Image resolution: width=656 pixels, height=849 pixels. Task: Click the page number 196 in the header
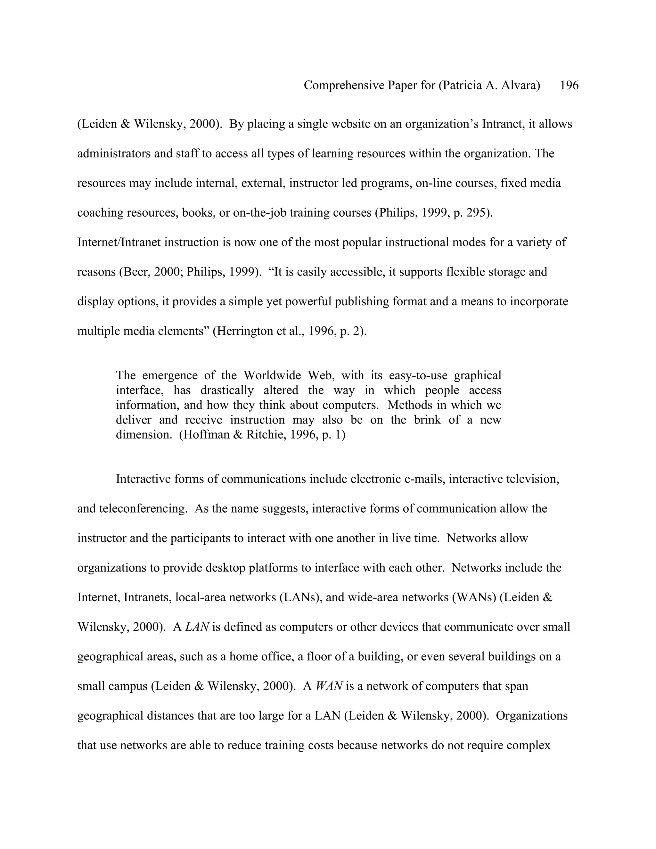point(569,85)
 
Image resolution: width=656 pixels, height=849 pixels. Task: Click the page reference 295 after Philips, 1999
point(476,213)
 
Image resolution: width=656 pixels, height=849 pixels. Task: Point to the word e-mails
point(424,479)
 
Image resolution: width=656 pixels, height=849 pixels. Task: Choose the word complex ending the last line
point(531,745)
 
